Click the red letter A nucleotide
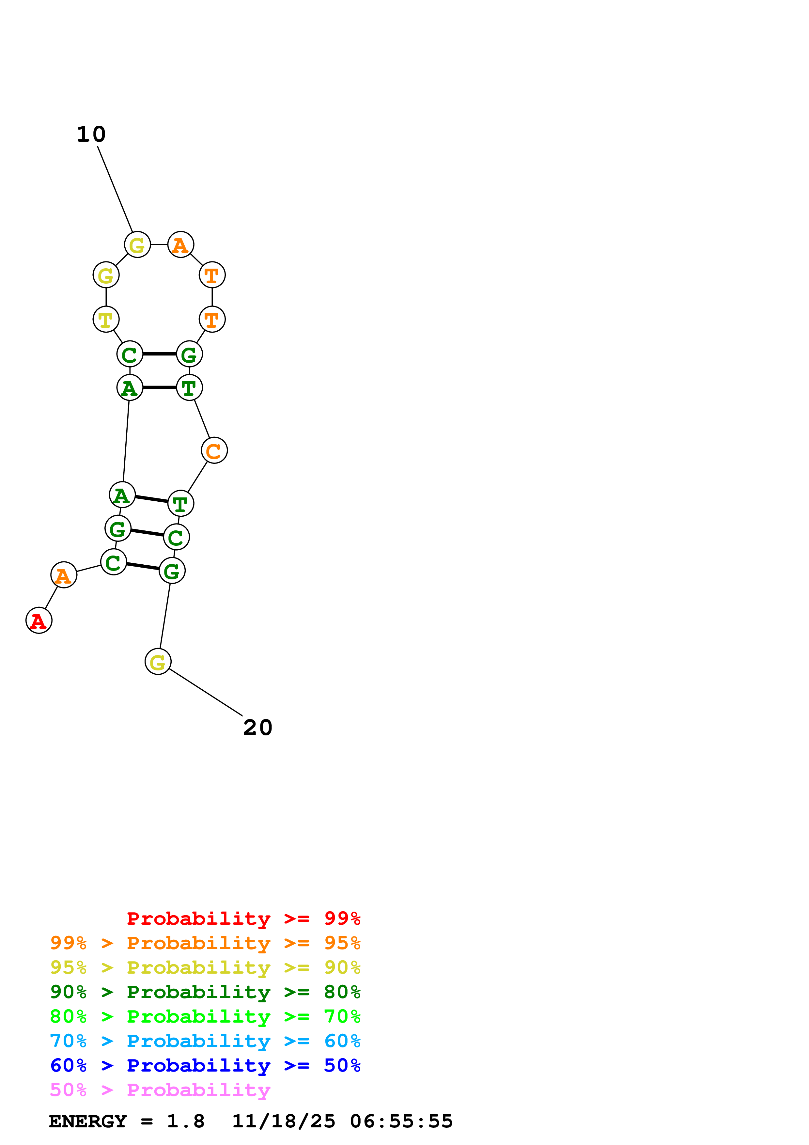(39, 620)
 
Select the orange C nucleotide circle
(214, 450)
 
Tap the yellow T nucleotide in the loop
(106, 319)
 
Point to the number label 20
(258, 728)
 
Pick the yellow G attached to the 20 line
(158, 662)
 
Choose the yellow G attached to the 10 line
(137, 245)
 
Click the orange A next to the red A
(64, 575)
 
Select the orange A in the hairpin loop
(180, 245)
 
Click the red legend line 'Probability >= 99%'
(243, 918)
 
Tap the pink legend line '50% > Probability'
(160, 1090)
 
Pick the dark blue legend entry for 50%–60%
(205, 1065)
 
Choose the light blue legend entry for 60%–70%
(205, 1041)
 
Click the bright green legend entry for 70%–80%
(205, 1016)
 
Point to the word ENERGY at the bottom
(88, 1121)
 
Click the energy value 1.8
(185, 1121)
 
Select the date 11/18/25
(284, 1121)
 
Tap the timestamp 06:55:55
(401, 1121)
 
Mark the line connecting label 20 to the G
(205, 692)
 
